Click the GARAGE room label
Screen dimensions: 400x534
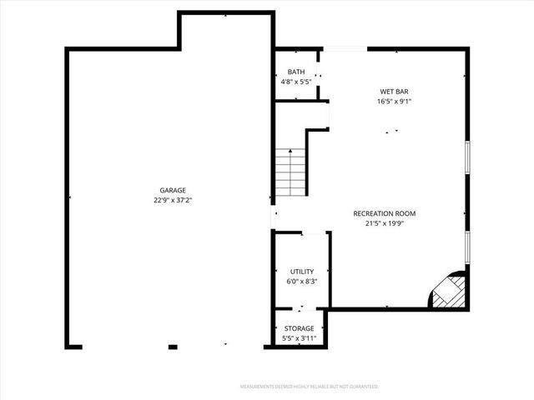pos(173,190)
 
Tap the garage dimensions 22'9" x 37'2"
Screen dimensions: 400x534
pos(173,200)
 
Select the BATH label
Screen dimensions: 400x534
pos(296,72)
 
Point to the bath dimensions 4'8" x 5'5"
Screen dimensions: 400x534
pos(296,82)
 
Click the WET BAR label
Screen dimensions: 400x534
pos(395,92)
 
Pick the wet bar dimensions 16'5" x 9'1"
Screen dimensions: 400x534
pos(395,102)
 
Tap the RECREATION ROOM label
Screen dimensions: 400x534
pos(384,213)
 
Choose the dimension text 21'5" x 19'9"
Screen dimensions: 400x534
pos(384,223)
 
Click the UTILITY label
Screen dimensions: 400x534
pos(302,272)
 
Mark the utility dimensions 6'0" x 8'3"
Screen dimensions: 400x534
pos(302,282)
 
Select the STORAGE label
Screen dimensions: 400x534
pos(299,328)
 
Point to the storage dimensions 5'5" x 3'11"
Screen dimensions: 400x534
pos(299,338)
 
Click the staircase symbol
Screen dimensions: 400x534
pos(291,172)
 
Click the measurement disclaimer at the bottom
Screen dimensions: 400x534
pos(309,387)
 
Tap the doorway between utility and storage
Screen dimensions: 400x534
pos(302,310)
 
